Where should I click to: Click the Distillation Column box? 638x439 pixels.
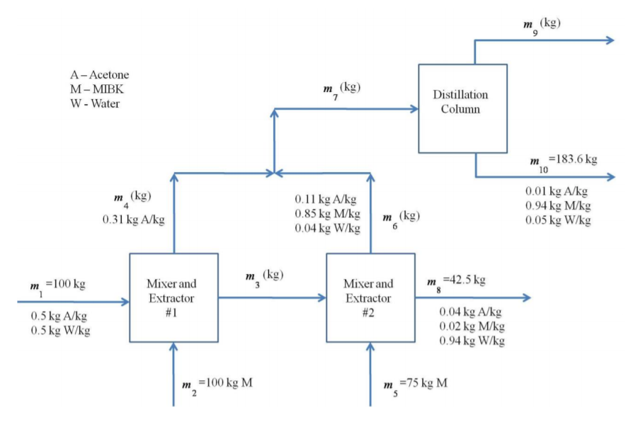pyautogui.click(x=462, y=108)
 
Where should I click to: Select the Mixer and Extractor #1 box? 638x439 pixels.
pyautogui.click(x=173, y=297)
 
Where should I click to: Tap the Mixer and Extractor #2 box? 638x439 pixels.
pyautogui.click(x=370, y=297)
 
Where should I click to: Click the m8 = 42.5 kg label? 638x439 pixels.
pyautogui.click(x=457, y=280)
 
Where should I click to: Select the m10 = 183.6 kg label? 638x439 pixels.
pyautogui.click(x=562, y=161)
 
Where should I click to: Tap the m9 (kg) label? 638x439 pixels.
pyautogui.click(x=542, y=24)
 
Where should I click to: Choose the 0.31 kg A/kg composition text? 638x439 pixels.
pyautogui.click(x=134, y=219)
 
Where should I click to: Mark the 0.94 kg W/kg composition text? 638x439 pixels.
pyautogui.click(x=472, y=341)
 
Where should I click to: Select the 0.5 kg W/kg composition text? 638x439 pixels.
pyautogui.click(x=60, y=331)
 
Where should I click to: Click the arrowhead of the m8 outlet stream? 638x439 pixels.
pyautogui.click(x=525, y=297)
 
